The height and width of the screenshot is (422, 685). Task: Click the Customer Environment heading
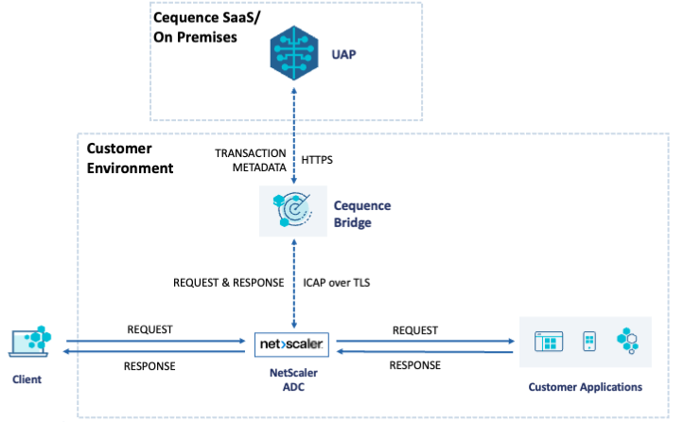[x=131, y=159]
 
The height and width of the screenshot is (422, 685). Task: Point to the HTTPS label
[x=320, y=160]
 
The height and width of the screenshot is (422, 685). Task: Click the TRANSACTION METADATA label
[x=249, y=160]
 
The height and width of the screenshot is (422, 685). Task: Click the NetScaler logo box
[x=291, y=345]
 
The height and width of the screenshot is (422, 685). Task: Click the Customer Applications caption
[x=586, y=387]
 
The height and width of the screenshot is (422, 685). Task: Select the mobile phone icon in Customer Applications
[x=588, y=342]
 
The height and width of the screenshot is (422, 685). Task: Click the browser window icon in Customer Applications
[x=548, y=342]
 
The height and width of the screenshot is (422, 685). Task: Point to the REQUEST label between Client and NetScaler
[x=150, y=329]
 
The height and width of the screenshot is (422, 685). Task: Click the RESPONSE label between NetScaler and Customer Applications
[x=414, y=365]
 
